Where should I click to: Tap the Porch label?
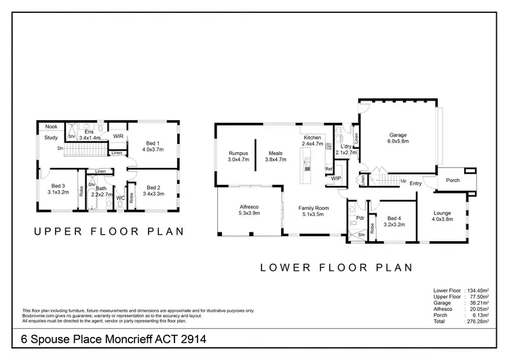click(x=453, y=181)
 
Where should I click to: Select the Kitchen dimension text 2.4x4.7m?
click(x=312, y=144)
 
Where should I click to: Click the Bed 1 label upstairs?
click(x=153, y=143)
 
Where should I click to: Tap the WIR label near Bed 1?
click(x=118, y=137)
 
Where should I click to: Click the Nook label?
click(x=52, y=127)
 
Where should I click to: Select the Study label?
click(x=51, y=138)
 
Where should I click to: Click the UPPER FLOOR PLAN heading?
click(x=109, y=232)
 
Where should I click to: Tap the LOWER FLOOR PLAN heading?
click(x=337, y=267)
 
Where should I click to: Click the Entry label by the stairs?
click(x=415, y=183)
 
